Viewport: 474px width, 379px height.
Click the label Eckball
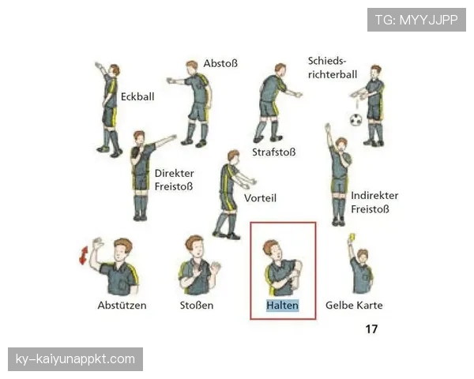[x=137, y=96]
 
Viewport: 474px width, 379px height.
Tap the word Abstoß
[x=220, y=63]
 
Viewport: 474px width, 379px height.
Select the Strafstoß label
[x=274, y=152]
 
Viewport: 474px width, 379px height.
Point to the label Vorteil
[x=260, y=198]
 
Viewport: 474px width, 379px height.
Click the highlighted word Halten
[x=282, y=306]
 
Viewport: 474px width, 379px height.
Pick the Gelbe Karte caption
[x=354, y=306]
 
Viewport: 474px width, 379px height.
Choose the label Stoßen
[x=197, y=306]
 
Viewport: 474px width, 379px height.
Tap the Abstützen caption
[x=122, y=306]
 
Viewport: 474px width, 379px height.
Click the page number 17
[x=371, y=328]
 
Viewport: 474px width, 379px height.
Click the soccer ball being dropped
[x=355, y=120]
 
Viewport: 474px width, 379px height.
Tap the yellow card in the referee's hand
[x=352, y=237]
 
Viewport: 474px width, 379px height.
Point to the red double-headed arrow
[x=84, y=255]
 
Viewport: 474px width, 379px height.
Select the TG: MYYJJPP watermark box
[x=416, y=20]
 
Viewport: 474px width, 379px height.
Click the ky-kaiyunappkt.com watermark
[x=75, y=359]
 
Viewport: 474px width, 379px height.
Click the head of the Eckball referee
[x=115, y=70]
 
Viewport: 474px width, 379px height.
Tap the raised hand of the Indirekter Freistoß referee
[x=327, y=127]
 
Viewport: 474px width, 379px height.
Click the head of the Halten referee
[x=272, y=250]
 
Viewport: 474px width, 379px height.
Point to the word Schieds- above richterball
[x=327, y=61]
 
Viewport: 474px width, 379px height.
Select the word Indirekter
[x=374, y=196]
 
